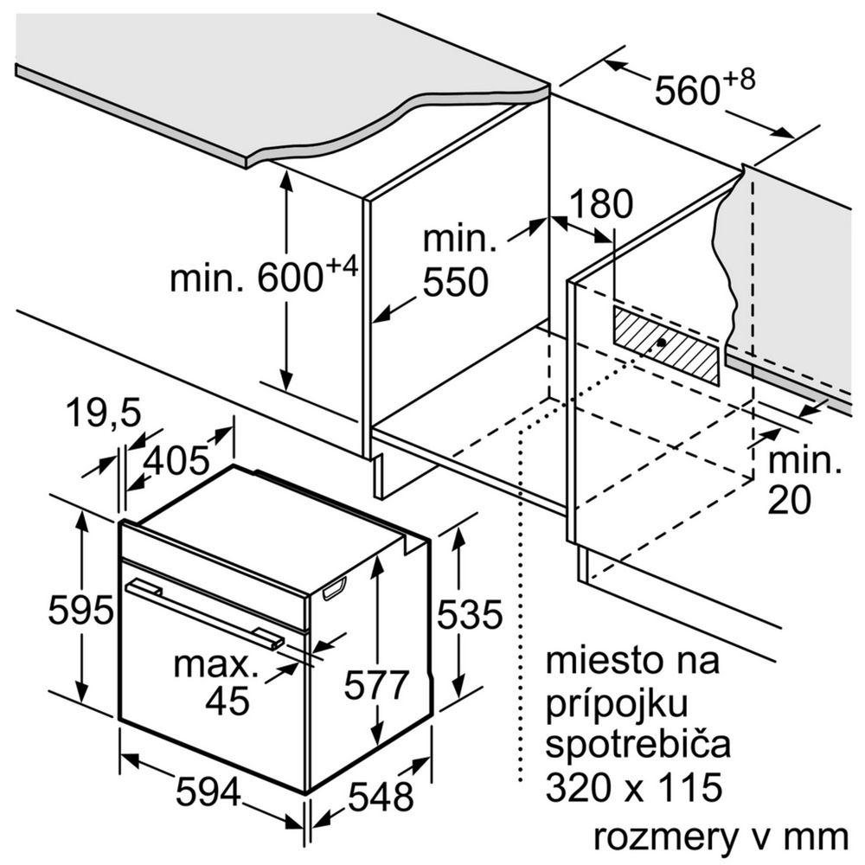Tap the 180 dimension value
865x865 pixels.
coord(601,205)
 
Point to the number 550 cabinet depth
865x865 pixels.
coord(455,283)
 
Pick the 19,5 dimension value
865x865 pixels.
coord(103,414)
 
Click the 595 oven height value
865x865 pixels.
coord(80,612)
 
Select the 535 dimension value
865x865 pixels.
coord(469,614)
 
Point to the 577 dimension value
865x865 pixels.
coord(375,685)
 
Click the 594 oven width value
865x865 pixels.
coord(208,791)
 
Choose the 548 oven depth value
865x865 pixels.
coord(381,795)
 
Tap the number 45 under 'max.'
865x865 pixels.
coord(227,699)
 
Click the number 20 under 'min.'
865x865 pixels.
coord(789,500)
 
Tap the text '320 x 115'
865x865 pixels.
coord(633,786)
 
